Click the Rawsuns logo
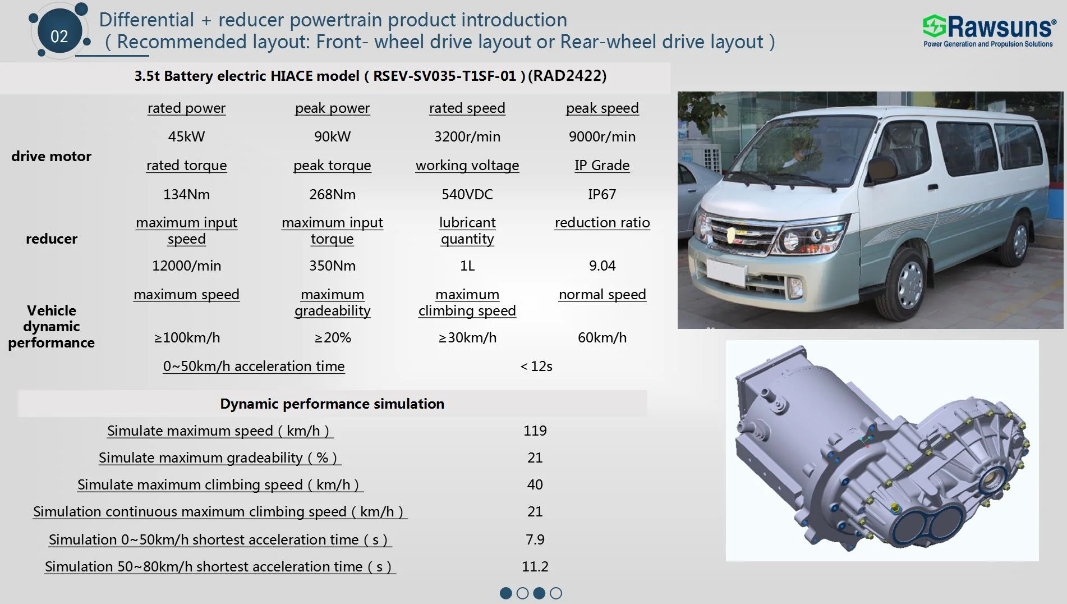point(988,31)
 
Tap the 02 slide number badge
point(59,36)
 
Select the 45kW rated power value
point(186,136)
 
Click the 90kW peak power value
point(332,136)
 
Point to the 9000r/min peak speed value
point(602,136)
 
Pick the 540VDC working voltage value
point(467,194)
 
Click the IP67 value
point(602,194)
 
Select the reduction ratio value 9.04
point(602,266)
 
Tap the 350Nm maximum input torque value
point(332,266)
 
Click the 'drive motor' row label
point(51,156)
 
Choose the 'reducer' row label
point(52,239)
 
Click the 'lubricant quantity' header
point(467,231)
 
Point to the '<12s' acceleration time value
point(536,366)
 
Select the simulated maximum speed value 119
point(535,431)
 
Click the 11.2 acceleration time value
point(535,566)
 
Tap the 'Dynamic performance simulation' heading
point(332,404)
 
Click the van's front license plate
point(726,272)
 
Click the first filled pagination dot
point(505,593)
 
